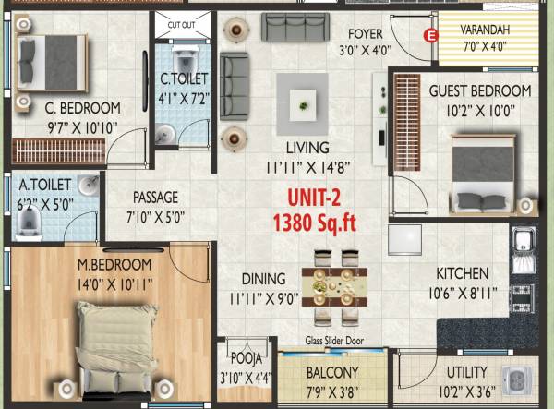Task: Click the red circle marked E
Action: coord(428,36)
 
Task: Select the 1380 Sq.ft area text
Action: coord(313,222)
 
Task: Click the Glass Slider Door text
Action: coord(335,341)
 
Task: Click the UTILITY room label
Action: coord(466,372)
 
